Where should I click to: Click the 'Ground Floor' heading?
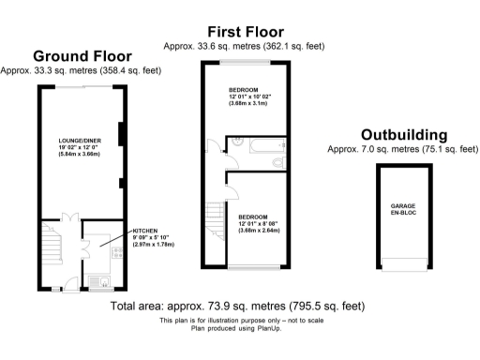(82, 56)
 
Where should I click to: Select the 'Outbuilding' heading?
(403, 135)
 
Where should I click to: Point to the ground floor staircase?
(52, 246)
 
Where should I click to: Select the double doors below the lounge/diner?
(67, 217)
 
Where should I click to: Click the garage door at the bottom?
(403, 264)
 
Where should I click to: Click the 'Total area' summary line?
(237, 307)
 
